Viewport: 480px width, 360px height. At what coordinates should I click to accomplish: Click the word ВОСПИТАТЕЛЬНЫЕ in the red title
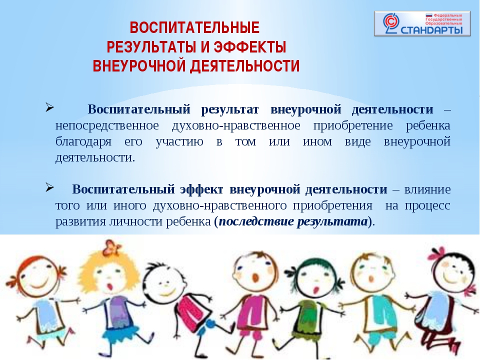(x=194, y=28)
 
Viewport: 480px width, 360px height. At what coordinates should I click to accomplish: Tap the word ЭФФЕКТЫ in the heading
(x=250, y=47)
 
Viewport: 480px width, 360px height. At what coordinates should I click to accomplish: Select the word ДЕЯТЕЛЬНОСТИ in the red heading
(x=244, y=66)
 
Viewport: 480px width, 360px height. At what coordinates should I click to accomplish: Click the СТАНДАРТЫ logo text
(x=431, y=30)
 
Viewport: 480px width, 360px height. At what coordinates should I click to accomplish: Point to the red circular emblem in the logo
(x=391, y=21)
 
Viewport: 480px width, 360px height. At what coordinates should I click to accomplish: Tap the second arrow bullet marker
(x=49, y=187)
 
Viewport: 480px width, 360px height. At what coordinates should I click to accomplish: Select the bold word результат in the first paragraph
(x=230, y=109)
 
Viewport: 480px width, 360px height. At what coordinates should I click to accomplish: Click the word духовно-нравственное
(x=236, y=125)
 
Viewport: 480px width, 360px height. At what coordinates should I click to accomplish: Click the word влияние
(x=427, y=189)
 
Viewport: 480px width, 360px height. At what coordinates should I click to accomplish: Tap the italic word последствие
(x=256, y=221)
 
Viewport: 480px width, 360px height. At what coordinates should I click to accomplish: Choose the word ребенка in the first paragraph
(x=428, y=125)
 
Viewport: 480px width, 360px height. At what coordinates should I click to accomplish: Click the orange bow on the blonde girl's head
(x=111, y=247)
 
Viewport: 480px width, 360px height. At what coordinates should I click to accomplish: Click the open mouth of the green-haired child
(x=314, y=289)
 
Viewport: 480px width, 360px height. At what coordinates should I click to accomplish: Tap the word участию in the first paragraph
(x=179, y=142)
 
